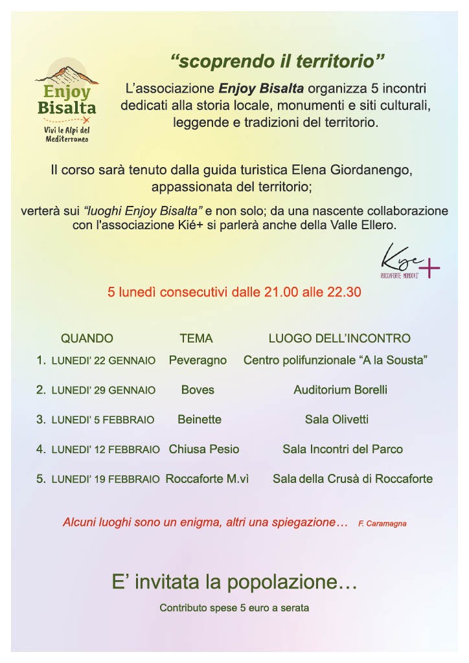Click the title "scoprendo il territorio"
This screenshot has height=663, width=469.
coord(277,62)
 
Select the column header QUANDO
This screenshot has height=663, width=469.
coord(87,338)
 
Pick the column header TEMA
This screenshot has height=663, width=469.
coord(196,338)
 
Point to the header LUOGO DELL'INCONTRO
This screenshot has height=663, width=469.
coord(339,338)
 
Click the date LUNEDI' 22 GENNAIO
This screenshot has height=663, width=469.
coord(104,361)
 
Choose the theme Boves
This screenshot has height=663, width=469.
coord(198,390)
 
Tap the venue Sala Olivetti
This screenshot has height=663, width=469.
coord(337,420)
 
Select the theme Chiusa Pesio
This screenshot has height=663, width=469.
coord(204,449)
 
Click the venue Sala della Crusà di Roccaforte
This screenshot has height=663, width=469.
coord(352,479)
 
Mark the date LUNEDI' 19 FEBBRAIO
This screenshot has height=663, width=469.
coord(106,480)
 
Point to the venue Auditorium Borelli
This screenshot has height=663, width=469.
coord(340,390)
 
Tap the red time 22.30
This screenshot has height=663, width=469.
coord(345,293)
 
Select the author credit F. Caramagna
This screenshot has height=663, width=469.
coord(382,523)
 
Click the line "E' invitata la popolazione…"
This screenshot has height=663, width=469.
coord(234,583)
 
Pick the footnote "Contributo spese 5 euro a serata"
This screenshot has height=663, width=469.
coord(234,608)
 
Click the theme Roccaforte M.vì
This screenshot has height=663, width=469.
coord(207,479)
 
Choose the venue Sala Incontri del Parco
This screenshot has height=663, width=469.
coord(343,449)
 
